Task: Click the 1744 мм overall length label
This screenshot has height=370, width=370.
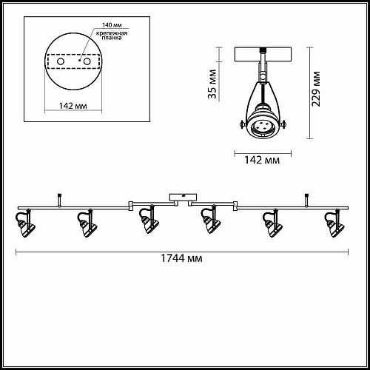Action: [181, 259]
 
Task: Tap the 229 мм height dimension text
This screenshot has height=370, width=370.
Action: [316, 89]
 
